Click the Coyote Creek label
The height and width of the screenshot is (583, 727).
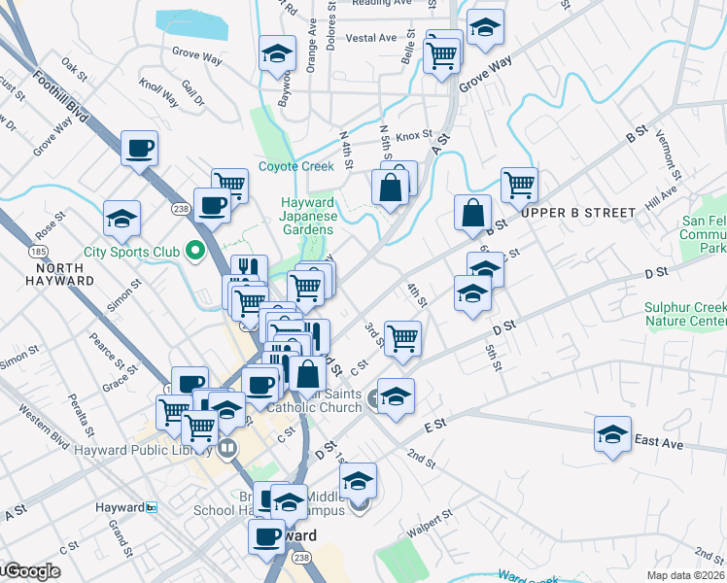[x=296, y=166]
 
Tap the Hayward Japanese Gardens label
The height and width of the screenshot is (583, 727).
[x=308, y=215]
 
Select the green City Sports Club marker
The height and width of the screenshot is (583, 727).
[x=194, y=253]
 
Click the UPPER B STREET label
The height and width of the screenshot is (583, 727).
[x=577, y=212]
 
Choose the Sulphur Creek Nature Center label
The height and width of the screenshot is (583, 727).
[x=685, y=315]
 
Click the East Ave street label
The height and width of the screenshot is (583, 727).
[x=658, y=444]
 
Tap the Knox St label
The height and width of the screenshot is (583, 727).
[x=412, y=135]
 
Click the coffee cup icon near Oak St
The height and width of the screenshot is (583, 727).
[x=139, y=149]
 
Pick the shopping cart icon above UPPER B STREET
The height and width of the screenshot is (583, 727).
[x=519, y=183]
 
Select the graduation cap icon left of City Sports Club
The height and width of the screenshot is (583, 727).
[x=122, y=218]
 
